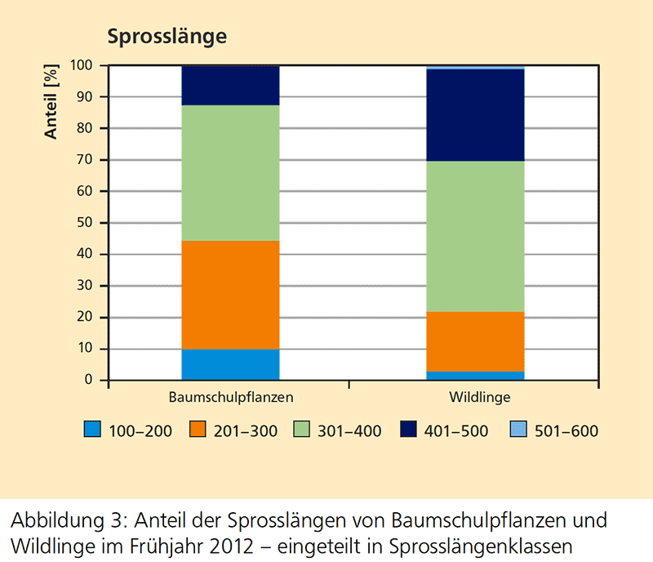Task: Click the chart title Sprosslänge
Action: (x=167, y=37)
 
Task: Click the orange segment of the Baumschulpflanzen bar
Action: (x=230, y=295)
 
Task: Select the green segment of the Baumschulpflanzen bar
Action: (x=230, y=173)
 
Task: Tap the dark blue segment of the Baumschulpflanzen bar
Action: (x=230, y=86)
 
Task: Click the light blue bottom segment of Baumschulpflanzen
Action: (x=230, y=365)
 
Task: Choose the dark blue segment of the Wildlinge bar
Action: (x=476, y=115)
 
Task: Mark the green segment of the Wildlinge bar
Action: (x=476, y=236)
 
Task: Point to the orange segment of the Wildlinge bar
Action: (x=476, y=341)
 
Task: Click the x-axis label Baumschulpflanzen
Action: (x=231, y=398)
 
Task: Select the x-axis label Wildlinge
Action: (x=480, y=398)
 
